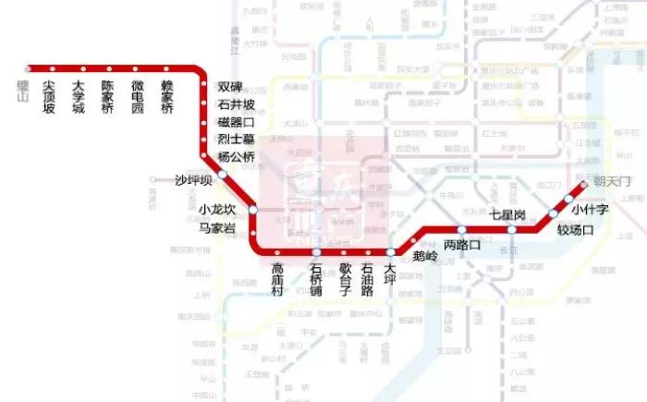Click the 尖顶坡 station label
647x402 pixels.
49,96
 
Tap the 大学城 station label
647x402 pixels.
78,96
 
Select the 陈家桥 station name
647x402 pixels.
107,96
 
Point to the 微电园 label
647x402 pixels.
137,96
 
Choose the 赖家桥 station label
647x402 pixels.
166,96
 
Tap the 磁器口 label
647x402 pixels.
235,122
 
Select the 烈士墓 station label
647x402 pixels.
235,140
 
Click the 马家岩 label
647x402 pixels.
217,228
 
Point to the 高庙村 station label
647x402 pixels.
276,281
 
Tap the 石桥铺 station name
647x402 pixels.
315,281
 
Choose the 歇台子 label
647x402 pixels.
344,281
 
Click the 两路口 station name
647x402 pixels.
462,245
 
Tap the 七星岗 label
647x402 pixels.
507,214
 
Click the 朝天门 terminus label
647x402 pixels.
610,180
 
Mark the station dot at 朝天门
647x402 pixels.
583,183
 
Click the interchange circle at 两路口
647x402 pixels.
461,229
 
